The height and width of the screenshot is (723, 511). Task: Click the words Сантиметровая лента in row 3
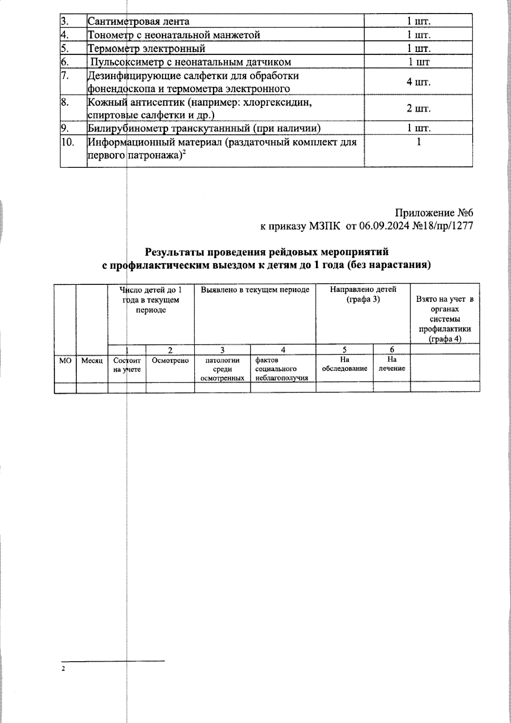coord(138,21)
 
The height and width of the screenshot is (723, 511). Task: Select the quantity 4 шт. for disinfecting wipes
coord(419,82)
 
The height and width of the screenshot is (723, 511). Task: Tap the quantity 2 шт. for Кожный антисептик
coord(419,108)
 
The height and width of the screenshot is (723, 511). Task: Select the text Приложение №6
coord(434,213)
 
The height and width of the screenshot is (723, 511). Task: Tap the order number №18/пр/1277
coord(443,226)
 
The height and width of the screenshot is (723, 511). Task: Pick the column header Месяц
coord(92,361)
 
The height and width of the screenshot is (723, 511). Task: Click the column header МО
coord(65,361)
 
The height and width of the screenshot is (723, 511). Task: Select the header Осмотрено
coord(170,361)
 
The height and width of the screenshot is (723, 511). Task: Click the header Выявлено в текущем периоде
coord(255,290)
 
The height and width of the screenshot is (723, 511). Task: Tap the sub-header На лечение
coord(392,364)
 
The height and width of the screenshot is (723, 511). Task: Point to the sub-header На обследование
coord(344,364)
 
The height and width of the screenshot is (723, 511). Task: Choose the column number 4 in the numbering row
coord(283,350)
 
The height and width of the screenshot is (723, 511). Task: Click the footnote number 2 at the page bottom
coord(63,669)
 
